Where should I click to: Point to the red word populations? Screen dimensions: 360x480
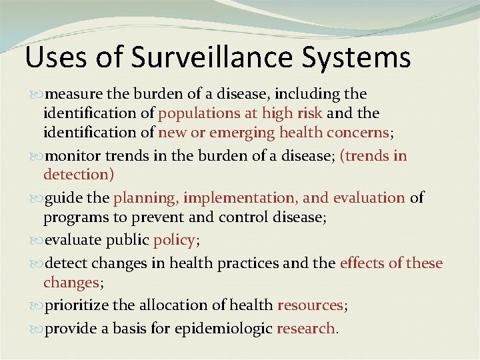[198, 113]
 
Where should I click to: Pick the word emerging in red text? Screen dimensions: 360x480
[243, 133]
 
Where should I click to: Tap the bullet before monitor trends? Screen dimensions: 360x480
[38, 157]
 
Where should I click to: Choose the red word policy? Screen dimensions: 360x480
[173, 241]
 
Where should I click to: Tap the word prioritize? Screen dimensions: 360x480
[76, 305]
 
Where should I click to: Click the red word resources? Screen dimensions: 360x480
[310, 305]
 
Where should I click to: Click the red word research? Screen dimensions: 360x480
[306, 329]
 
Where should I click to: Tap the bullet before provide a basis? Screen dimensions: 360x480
[38, 329]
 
